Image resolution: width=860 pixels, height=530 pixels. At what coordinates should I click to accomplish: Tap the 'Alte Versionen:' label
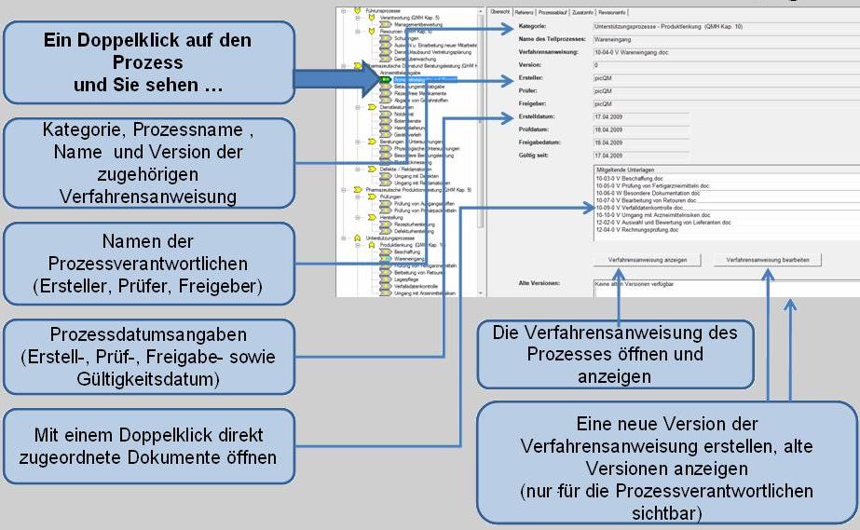[x=539, y=282]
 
